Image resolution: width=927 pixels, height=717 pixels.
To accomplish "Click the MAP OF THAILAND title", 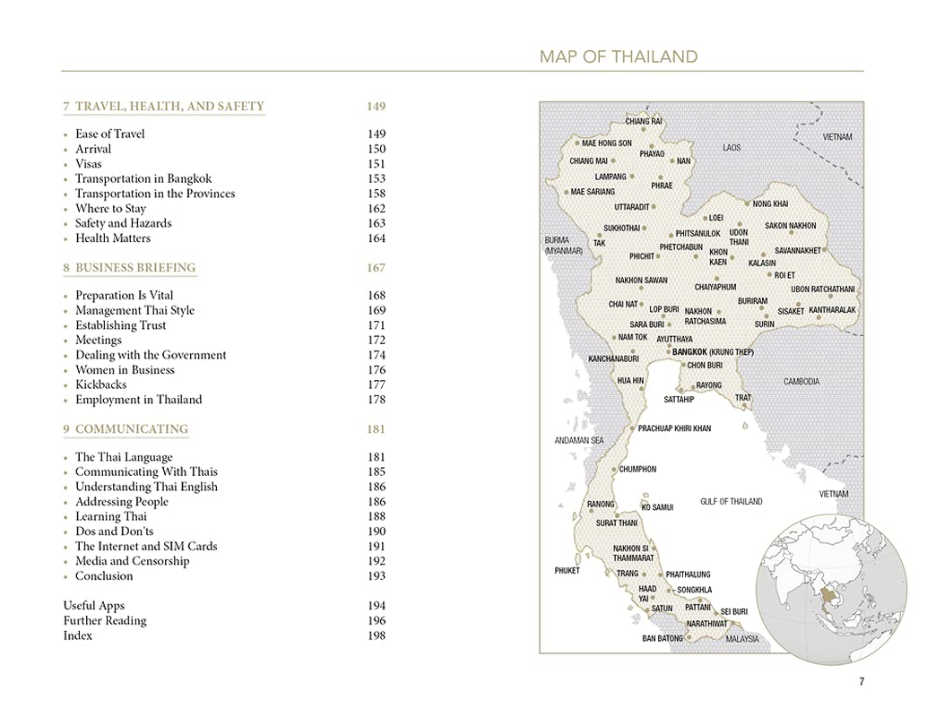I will tap(618, 57).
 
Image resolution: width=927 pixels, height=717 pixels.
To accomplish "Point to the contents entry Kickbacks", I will tap(100, 385).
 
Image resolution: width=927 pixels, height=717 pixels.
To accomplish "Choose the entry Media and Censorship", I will tap(132, 562).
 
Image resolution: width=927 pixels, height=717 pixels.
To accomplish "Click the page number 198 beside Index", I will tap(377, 636).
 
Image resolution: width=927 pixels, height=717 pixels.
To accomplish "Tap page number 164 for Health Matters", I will tap(377, 238).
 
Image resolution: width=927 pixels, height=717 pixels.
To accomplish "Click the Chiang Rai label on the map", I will tap(644, 121).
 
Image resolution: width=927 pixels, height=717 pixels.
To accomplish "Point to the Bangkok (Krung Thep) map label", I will tap(713, 352).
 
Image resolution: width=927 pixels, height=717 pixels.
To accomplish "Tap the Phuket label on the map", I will tap(567, 571).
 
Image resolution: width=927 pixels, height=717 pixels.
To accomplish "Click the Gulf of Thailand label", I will tap(731, 502).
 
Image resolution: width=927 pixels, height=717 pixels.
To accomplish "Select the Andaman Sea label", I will tap(578, 441).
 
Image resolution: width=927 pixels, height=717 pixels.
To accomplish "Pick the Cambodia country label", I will tap(801, 382).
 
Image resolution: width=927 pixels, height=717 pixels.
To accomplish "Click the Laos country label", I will tap(732, 147).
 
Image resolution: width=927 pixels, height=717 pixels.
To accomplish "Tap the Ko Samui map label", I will tap(657, 507).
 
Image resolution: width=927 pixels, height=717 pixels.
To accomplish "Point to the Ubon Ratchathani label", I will tap(822, 289).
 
